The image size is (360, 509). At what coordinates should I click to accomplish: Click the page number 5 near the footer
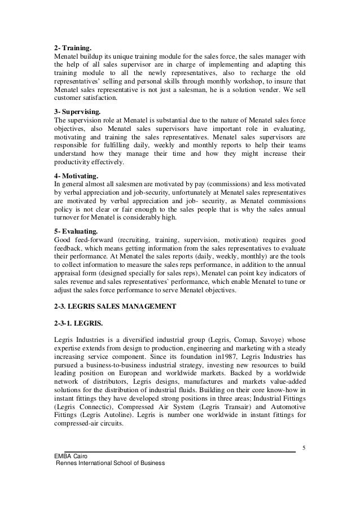[304, 449]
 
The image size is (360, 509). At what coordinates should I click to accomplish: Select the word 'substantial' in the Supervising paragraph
[174, 120]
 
